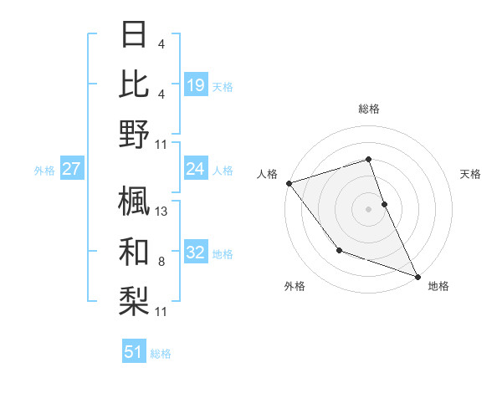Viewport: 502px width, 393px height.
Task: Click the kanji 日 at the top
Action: [134, 35]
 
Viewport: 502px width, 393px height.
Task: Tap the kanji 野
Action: [134, 135]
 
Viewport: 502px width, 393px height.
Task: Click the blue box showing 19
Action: [195, 84]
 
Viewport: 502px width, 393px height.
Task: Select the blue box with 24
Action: [195, 170]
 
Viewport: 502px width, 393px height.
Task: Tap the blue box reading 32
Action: [195, 253]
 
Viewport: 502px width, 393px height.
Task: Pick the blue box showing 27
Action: [71, 170]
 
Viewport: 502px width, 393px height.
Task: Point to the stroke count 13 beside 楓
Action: [161, 212]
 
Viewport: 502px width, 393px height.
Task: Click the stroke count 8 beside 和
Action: [161, 262]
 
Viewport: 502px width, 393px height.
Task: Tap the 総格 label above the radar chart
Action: [368, 109]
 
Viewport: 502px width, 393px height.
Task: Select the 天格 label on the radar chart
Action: [470, 174]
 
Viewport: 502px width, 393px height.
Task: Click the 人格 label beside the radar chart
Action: [268, 174]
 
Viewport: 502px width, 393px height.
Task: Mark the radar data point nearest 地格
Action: [417, 276]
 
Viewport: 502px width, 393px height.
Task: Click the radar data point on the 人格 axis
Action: [289, 182]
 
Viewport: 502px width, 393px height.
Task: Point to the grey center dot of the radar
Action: [368, 208]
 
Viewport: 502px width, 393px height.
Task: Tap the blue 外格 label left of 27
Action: [44, 171]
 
